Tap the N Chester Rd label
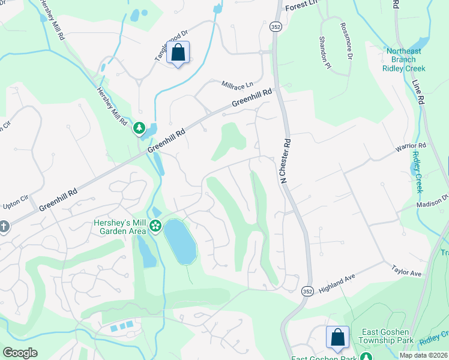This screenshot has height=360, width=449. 285,162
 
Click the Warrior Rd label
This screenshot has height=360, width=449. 410,146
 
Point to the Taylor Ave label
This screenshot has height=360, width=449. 407,271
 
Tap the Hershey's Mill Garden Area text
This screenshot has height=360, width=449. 120,226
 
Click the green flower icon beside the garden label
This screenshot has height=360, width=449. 155,226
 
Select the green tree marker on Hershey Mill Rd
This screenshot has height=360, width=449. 139,128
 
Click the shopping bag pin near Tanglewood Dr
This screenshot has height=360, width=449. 178,53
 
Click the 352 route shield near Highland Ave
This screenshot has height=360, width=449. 307,291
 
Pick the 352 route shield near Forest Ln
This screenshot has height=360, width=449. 274,28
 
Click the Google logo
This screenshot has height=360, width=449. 20,353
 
